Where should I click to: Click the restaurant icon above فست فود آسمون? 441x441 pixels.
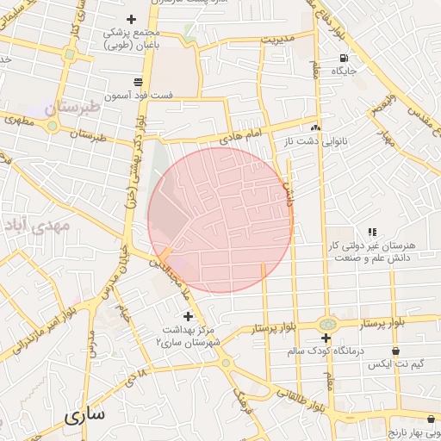137,82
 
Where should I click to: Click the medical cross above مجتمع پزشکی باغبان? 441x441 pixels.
132,19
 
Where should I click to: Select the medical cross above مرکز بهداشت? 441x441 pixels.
188,317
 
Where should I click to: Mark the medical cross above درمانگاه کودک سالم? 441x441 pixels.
326,338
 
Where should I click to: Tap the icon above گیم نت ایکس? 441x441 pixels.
395,351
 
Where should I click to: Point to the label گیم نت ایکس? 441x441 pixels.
394,365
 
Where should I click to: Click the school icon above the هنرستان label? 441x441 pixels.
372,233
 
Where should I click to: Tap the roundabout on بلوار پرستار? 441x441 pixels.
326,324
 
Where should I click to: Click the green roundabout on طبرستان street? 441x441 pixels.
53,126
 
